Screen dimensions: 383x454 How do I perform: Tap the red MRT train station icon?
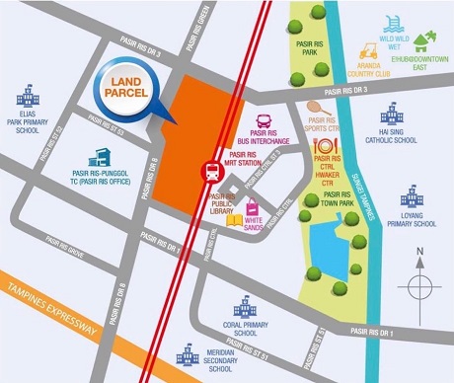coord(212,170)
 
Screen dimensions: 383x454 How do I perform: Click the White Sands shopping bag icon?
coord(253,208)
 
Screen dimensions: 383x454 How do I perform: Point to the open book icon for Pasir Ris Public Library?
coord(235,219)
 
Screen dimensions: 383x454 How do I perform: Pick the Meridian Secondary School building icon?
coord(189,351)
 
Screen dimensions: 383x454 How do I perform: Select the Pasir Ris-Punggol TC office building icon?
coord(100,157)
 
